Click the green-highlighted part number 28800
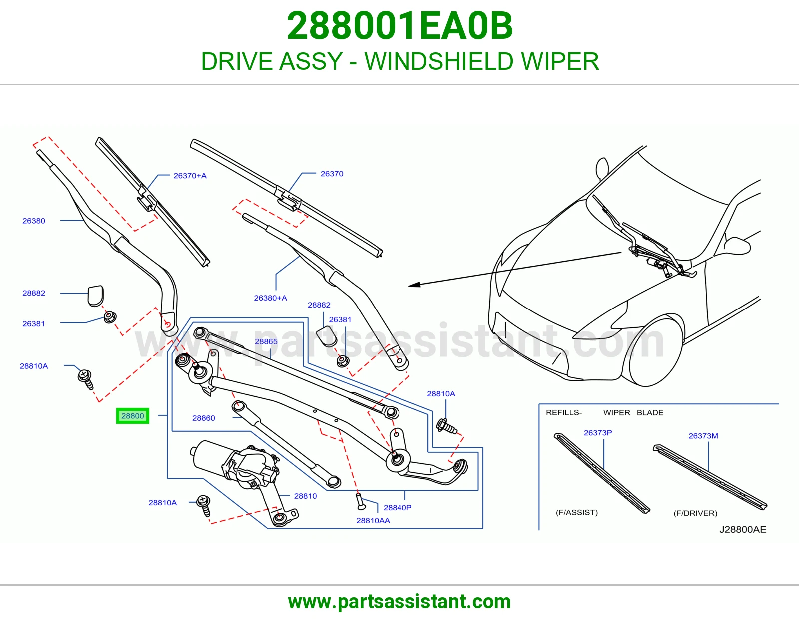click(133, 416)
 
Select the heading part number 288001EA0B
click(399, 26)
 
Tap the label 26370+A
click(190, 176)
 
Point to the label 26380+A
click(270, 298)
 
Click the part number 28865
click(266, 341)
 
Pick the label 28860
click(203, 418)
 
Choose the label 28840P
click(398, 507)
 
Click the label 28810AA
click(373, 520)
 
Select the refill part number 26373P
click(598, 433)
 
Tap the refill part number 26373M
click(703, 436)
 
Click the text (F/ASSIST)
click(577, 512)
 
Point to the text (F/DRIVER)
click(695, 513)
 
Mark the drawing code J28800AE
click(743, 529)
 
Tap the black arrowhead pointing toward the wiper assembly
click(415, 284)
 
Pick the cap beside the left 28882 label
click(95, 295)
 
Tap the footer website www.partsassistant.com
click(399, 602)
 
